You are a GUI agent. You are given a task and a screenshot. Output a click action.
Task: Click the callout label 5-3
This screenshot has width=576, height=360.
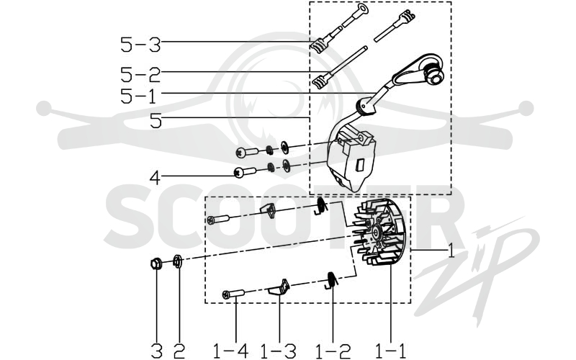pyautogui.click(x=140, y=45)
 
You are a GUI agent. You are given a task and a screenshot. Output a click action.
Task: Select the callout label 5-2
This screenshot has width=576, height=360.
pyautogui.click(x=140, y=75)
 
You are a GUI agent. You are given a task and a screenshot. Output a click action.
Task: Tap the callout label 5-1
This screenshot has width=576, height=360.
pyautogui.click(x=139, y=96)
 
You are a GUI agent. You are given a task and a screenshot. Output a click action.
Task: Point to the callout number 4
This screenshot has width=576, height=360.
pyautogui.click(x=155, y=178)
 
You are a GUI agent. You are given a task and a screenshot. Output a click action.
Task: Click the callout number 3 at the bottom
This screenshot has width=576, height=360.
pyautogui.click(x=157, y=351)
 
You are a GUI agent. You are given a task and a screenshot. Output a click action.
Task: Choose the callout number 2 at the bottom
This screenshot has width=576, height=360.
pyautogui.click(x=179, y=351)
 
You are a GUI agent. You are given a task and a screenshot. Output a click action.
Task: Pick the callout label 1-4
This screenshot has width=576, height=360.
pyautogui.click(x=231, y=351)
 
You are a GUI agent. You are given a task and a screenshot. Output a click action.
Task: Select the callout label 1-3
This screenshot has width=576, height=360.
pyautogui.click(x=278, y=351)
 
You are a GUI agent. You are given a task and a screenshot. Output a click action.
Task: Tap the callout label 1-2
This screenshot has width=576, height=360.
pyautogui.click(x=333, y=351)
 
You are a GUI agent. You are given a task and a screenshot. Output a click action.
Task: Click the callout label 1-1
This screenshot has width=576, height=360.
pyautogui.click(x=391, y=351)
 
